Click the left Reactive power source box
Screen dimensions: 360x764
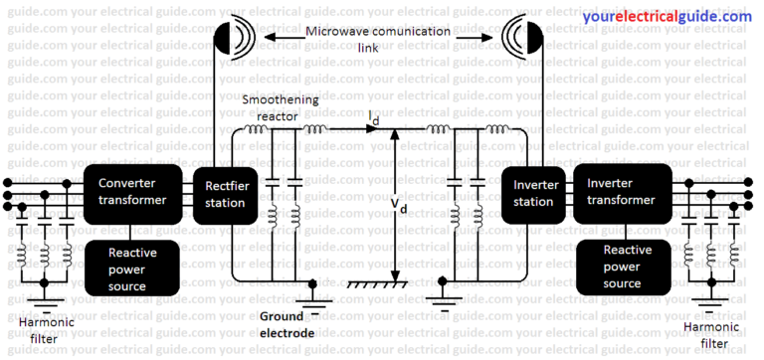point(132,268)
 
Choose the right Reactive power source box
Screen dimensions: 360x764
point(626,266)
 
